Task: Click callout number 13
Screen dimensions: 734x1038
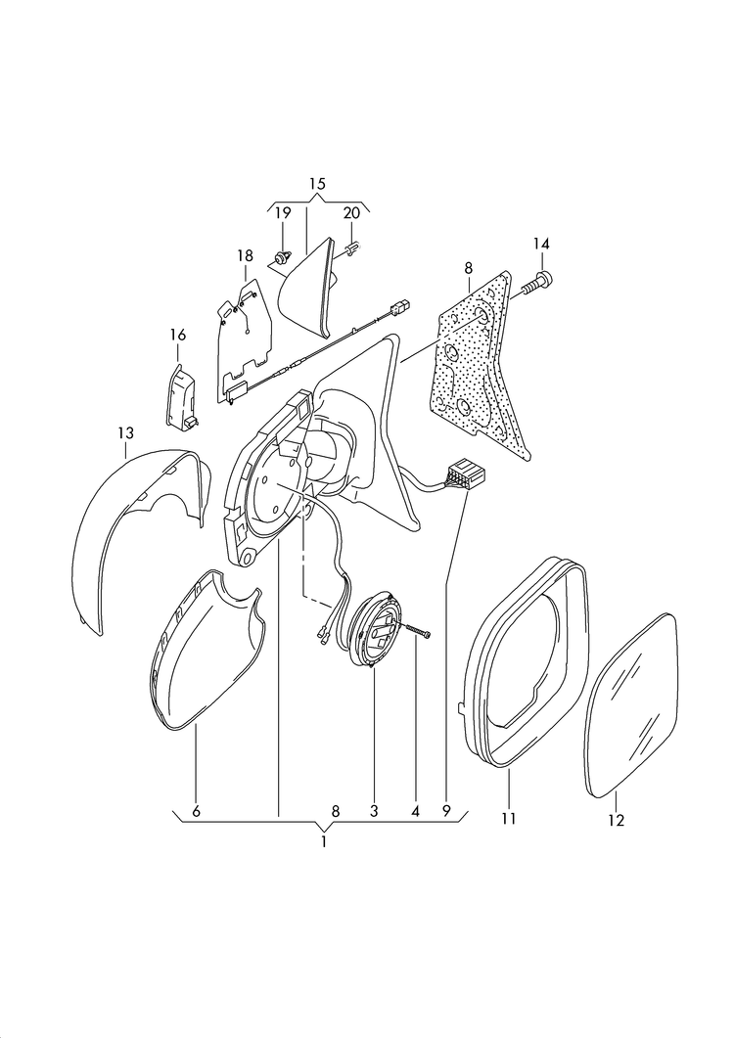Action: click(x=126, y=433)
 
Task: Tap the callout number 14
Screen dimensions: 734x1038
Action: click(x=541, y=245)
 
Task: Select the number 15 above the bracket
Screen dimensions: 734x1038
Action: click(x=317, y=183)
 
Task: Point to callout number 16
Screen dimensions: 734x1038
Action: click(x=177, y=335)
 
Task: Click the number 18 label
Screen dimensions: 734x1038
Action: click(x=245, y=255)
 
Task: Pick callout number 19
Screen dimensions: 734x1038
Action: click(x=283, y=213)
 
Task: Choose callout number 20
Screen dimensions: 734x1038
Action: click(x=351, y=213)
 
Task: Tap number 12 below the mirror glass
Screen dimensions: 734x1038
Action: click(x=617, y=820)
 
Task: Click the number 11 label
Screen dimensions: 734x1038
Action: click(x=508, y=819)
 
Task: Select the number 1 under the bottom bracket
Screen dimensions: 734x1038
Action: click(x=324, y=842)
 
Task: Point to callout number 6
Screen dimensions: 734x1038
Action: click(x=196, y=811)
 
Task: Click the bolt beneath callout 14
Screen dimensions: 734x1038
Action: click(x=537, y=283)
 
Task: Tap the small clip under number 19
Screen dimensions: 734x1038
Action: click(x=282, y=255)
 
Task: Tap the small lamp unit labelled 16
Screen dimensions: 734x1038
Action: click(x=181, y=398)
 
